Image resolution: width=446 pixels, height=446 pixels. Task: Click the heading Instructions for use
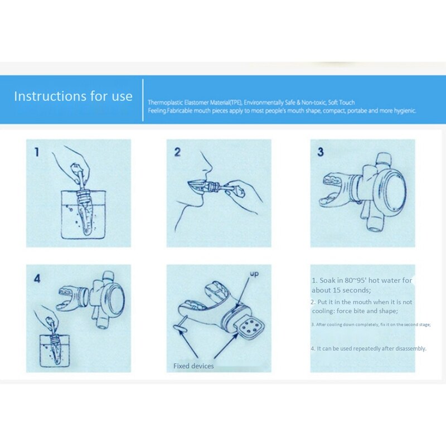[x=73, y=96]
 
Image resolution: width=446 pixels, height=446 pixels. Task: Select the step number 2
[x=177, y=152]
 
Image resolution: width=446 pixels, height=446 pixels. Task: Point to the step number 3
[x=320, y=152]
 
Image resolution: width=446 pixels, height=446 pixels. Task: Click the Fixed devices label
[x=192, y=366]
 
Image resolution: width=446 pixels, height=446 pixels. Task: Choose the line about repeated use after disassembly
[x=368, y=348]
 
